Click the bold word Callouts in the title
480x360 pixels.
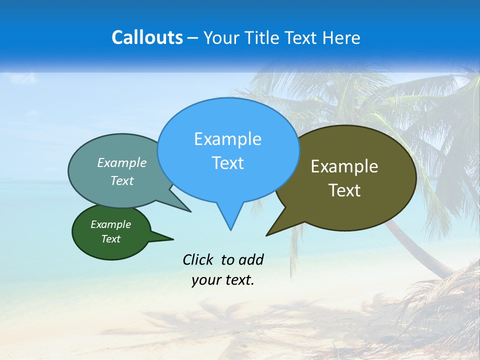pos(147,37)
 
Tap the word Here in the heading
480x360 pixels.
pos(342,37)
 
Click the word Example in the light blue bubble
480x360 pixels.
pos(227,139)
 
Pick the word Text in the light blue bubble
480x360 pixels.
pos(227,163)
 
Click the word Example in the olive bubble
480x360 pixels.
pos(344,166)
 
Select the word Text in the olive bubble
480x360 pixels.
pos(344,190)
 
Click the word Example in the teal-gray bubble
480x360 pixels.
pos(122,162)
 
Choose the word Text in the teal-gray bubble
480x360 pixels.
pos(122,180)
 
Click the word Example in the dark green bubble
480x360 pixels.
pos(110,224)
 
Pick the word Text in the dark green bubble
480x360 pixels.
pos(110,239)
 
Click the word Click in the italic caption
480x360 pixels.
pos(198,259)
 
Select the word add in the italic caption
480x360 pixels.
pos(251,259)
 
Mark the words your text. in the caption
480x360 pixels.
pos(223,280)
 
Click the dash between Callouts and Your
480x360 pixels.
pos(192,38)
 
